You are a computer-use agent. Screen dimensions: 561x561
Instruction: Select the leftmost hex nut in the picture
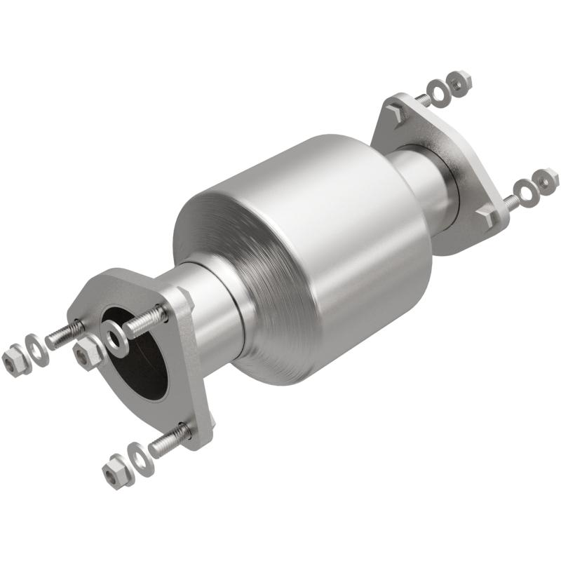tap(13, 360)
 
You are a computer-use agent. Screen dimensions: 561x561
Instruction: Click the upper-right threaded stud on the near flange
tap(144, 320)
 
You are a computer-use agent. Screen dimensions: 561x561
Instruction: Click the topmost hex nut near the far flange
tap(460, 82)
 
